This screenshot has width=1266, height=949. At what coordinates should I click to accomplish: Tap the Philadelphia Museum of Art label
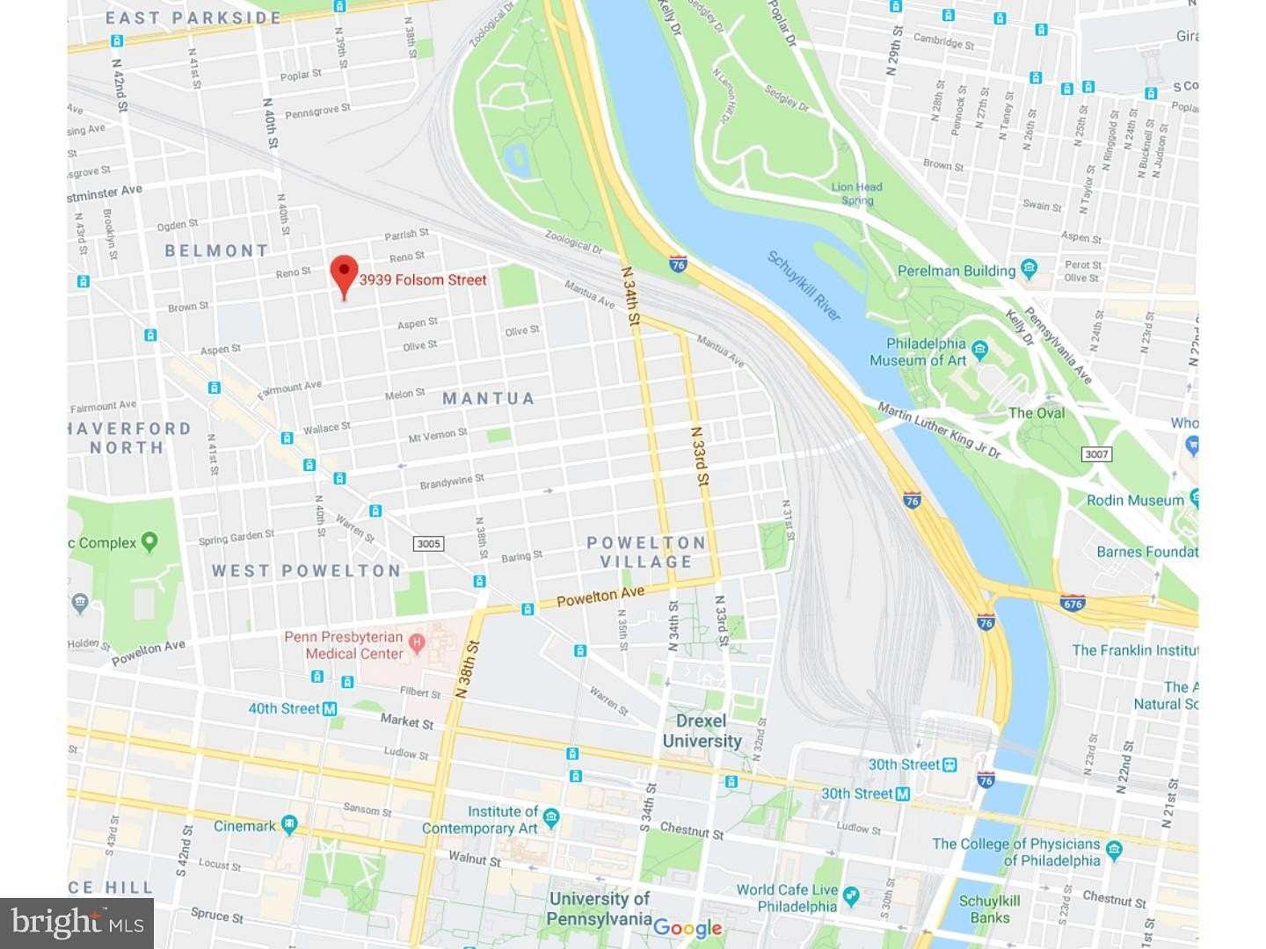pyautogui.click(x=925, y=351)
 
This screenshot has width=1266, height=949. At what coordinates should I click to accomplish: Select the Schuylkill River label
pyautogui.click(x=804, y=286)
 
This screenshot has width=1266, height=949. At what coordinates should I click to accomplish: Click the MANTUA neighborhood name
pyautogui.click(x=488, y=399)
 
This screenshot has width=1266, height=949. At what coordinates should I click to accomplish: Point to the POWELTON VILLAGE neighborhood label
pyautogui.click(x=646, y=553)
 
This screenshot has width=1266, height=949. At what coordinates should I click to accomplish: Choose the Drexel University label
pyautogui.click(x=701, y=731)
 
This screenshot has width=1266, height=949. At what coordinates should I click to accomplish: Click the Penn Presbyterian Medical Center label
pyautogui.click(x=344, y=645)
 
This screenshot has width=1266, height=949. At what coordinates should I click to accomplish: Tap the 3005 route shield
pyautogui.click(x=428, y=544)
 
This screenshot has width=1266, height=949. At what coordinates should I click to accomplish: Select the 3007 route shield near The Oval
pyautogui.click(x=1096, y=454)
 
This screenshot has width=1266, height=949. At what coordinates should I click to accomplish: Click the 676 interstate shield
pyautogui.click(x=1073, y=604)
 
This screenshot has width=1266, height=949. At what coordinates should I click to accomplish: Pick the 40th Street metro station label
pyautogui.click(x=284, y=708)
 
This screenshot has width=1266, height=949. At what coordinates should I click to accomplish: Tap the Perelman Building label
pyautogui.click(x=956, y=271)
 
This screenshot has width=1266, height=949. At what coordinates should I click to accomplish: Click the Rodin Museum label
pyautogui.click(x=1135, y=500)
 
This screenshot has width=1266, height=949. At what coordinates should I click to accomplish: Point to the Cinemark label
pyautogui.click(x=245, y=826)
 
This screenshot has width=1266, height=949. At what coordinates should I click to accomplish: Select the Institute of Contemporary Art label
pyautogui.click(x=480, y=820)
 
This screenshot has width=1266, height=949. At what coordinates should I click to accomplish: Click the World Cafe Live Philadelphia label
pyautogui.click(x=787, y=898)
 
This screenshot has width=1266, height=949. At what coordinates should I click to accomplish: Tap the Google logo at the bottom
pyautogui.click(x=688, y=928)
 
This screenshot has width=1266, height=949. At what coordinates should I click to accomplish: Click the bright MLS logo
pyautogui.click(x=77, y=923)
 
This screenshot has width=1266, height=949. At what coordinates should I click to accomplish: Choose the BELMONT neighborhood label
pyautogui.click(x=216, y=251)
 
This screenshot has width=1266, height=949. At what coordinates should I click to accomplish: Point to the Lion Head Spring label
pyautogui.click(x=856, y=193)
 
